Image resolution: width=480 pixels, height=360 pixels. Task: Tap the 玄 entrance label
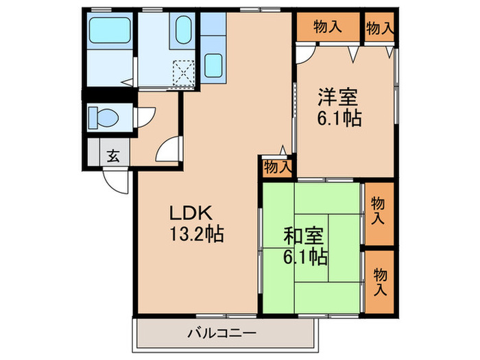click(x=112, y=155)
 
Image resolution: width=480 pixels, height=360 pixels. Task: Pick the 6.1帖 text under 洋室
click(x=339, y=118)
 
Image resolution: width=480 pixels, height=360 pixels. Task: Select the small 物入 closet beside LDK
click(x=277, y=167)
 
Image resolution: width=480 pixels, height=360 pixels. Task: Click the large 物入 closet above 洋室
click(x=327, y=27)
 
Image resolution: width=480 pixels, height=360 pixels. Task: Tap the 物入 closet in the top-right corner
click(x=379, y=28)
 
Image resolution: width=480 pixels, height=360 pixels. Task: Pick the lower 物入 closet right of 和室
click(x=379, y=282)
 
